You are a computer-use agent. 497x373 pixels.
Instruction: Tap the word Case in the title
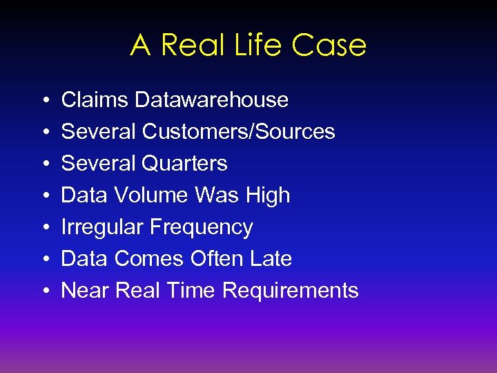coord(329,46)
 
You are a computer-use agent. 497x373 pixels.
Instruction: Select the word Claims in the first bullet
coord(95,100)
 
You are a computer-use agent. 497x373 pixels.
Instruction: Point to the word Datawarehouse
coord(212,100)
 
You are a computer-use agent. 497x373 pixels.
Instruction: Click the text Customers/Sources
coord(239,132)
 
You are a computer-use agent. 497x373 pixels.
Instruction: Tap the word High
coord(266,196)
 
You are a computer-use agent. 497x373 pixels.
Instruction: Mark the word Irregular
coord(103,227)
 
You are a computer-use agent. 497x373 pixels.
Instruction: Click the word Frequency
coord(202,228)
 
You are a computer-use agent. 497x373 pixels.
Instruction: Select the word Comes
coord(147,259)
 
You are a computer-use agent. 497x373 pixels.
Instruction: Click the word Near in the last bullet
coord(86,291)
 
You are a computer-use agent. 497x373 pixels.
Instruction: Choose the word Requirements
coord(291,291)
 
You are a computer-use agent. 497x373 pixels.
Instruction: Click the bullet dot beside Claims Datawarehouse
coord(43,101)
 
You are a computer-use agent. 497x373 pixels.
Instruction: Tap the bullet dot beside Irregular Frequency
coord(43,228)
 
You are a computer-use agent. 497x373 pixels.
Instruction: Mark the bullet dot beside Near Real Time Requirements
coord(43,291)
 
